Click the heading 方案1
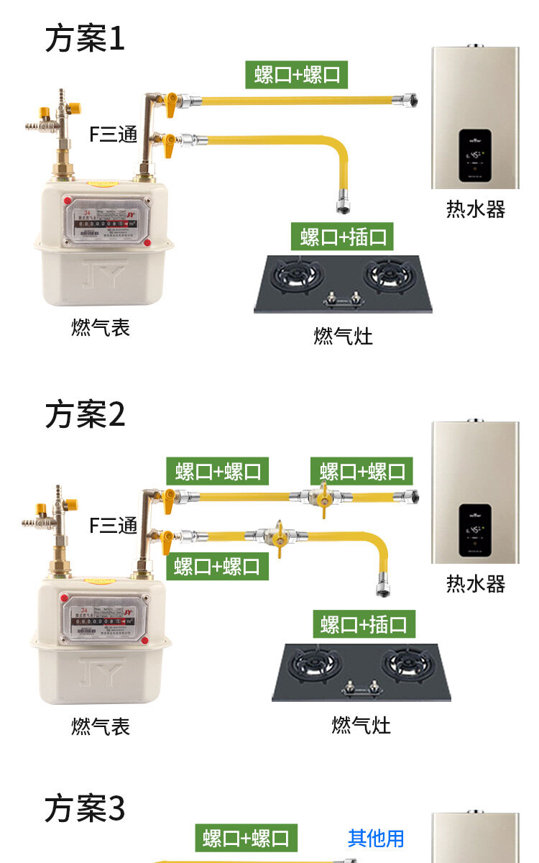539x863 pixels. point(85,38)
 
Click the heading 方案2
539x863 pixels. point(85,415)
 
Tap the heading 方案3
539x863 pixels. point(85,808)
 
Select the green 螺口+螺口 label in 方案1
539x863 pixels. point(297,75)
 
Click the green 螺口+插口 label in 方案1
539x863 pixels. point(343,237)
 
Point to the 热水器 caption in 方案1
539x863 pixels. point(475,209)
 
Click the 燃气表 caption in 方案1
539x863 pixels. point(101,328)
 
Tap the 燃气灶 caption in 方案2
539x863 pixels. point(361,724)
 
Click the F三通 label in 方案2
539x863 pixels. point(113,526)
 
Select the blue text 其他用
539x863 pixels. point(376,838)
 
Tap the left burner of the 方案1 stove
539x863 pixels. point(300,276)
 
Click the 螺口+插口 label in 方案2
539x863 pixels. point(364,624)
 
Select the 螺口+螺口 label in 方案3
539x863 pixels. point(246,838)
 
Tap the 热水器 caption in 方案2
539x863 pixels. point(475,583)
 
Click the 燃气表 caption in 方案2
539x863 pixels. point(101,726)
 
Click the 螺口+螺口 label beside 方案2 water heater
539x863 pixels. point(363,472)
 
